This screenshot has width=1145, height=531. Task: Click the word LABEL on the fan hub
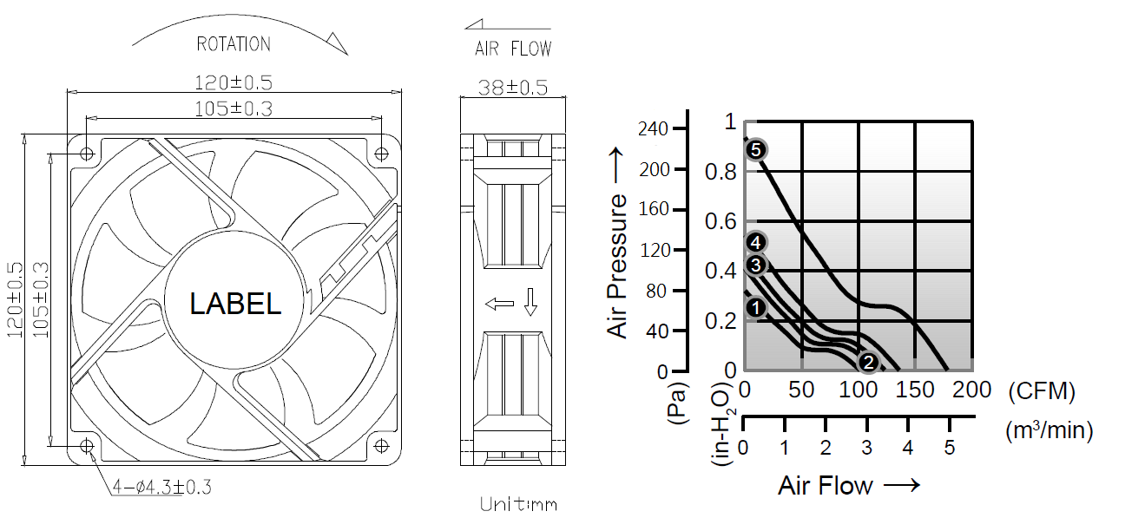[x=235, y=304]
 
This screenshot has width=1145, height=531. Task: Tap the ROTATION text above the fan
[x=234, y=44]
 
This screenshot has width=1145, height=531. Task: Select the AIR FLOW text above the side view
[x=513, y=49]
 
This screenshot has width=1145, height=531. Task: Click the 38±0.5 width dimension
[x=513, y=88]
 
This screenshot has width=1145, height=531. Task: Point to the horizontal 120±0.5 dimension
[x=234, y=82]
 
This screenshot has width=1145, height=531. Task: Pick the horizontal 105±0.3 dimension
[x=234, y=108]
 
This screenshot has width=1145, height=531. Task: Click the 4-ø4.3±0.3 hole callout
[x=161, y=487]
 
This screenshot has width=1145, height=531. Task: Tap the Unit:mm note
[x=518, y=504]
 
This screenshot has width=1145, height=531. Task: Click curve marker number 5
[x=756, y=150]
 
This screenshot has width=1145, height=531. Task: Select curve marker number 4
[x=756, y=242]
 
